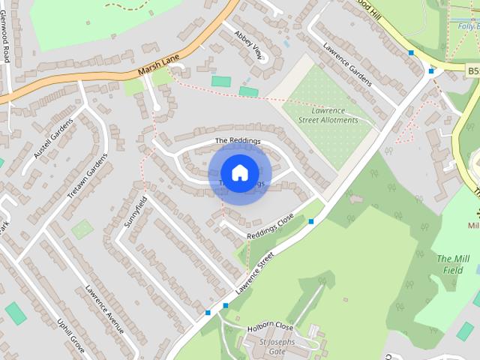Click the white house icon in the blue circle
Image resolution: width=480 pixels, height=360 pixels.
[x=239, y=172]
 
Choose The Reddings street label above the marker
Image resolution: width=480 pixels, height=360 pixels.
[x=237, y=141]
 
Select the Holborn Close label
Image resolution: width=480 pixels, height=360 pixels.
[x=269, y=327]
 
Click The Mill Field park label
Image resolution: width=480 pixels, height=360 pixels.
[x=452, y=264]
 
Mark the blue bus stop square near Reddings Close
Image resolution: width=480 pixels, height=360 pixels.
[x=311, y=220]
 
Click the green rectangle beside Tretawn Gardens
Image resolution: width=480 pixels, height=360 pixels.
[x=82, y=229]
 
